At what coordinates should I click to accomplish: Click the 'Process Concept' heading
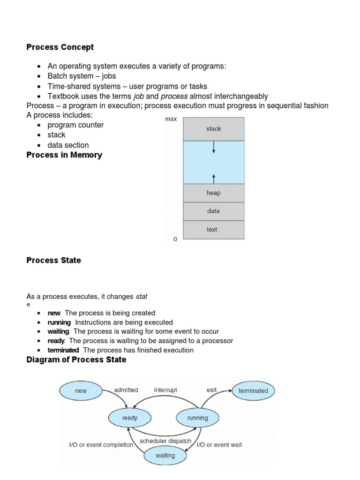click(60, 47)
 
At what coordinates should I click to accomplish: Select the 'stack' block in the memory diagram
click(213, 129)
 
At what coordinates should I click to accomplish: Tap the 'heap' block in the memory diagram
click(213, 193)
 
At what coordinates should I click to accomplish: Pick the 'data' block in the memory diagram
click(213, 211)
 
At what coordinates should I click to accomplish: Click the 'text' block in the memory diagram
click(212, 230)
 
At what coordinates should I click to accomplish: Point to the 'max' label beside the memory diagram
click(171, 119)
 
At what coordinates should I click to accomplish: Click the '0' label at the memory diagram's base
click(175, 240)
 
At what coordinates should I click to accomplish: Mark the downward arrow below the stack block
click(214, 147)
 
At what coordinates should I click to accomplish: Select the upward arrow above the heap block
click(214, 178)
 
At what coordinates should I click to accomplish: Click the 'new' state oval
click(81, 391)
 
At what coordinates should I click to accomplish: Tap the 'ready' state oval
click(130, 418)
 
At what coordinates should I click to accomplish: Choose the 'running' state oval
click(197, 418)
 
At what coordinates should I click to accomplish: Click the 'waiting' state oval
click(165, 455)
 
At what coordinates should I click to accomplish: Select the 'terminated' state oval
click(253, 391)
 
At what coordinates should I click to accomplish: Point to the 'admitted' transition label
click(126, 390)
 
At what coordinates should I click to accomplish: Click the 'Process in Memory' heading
click(64, 155)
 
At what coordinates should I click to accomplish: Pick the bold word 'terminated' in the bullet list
click(63, 350)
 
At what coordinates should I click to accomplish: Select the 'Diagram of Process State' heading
click(76, 360)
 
